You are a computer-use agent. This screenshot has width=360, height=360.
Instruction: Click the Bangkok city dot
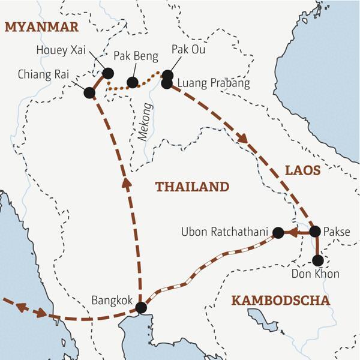pyautogui.click(x=141, y=307)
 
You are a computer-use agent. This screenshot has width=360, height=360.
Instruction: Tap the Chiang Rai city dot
pyautogui.click(x=89, y=92)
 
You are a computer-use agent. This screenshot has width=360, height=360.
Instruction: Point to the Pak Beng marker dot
pyautogui.click(x=133, y=82)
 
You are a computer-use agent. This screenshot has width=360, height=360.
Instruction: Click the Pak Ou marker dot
pyautogui.click(x=167, y=75)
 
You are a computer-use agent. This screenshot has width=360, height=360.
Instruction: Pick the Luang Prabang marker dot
pyautogui.click(x=167, y=83)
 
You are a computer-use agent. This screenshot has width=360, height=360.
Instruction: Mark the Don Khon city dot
pyautogui.click(x=318, y=260)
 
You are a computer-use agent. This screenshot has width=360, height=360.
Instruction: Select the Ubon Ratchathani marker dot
pyautogui.click(x=278, y=232)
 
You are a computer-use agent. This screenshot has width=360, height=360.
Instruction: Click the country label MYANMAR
pyautogui.click(x=41, y=27)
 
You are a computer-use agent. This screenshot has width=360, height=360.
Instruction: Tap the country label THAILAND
pyautogui.click(x=192, y=187)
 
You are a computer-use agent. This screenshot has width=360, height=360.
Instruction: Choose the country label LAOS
pyautogui.click(x=302, y=170)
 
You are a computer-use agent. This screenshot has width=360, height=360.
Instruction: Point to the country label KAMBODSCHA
pyautogui.click(x=281, y=300)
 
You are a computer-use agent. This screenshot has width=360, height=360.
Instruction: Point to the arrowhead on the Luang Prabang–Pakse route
pyautogui.click(x=243, y=139)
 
